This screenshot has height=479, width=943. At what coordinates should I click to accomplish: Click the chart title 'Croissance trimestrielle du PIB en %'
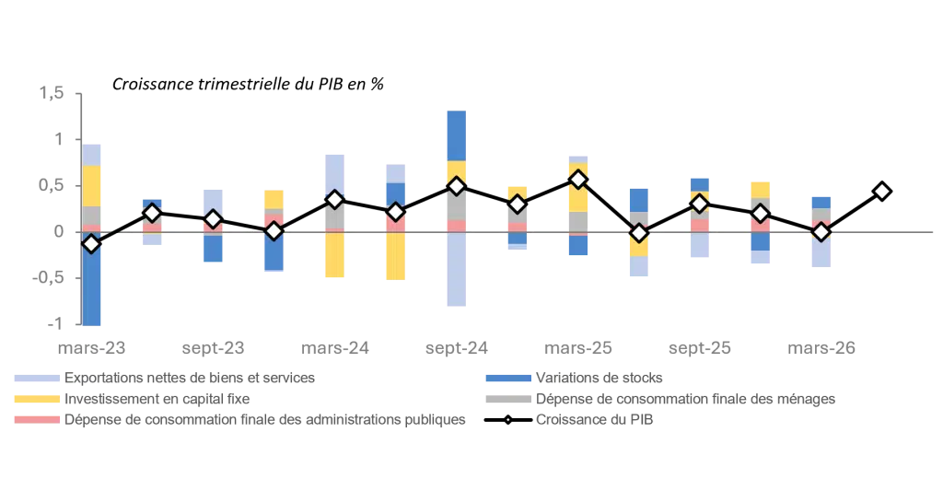click(x=248, y=84)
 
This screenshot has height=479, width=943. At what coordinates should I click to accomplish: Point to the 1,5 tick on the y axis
click(x=52, y=93)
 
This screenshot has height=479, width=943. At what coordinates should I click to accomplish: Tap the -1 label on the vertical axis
click(x=54, y=323)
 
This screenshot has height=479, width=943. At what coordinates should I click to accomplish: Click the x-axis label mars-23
click(x=91, y=348)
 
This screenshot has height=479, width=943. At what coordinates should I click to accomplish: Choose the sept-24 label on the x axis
click(x=457, y=348)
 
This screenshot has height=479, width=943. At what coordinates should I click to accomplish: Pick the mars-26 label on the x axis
click(x=821, y=348)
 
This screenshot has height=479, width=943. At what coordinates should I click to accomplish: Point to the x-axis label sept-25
click(x=700, y=348)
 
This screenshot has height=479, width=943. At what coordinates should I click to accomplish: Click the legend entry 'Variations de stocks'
click(x=599, y=378)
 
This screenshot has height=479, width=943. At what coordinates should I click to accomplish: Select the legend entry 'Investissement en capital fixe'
click(x=157, y=399)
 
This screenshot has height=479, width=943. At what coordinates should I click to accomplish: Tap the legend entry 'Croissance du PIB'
click(x=594, y=420)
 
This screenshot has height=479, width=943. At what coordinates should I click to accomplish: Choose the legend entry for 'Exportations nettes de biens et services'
click(x=190, y=378)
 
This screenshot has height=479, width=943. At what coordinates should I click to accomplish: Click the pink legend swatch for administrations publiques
click(x=37, y=419)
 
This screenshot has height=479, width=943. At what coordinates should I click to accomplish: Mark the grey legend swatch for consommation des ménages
click(x=508, y=398)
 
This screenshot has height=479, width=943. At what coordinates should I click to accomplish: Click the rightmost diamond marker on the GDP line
click(x=882, y=192)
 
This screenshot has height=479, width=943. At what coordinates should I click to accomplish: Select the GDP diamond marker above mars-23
click(x=91, y=244)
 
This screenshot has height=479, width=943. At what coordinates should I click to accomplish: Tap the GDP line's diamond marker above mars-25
click(x=578, y=180)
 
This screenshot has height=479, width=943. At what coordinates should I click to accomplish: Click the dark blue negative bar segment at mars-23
click(x=91, y=278)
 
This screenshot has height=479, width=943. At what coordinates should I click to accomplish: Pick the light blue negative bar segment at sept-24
click(x=457, y=269)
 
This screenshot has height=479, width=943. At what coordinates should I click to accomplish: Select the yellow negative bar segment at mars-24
click(x=335, y=254)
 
